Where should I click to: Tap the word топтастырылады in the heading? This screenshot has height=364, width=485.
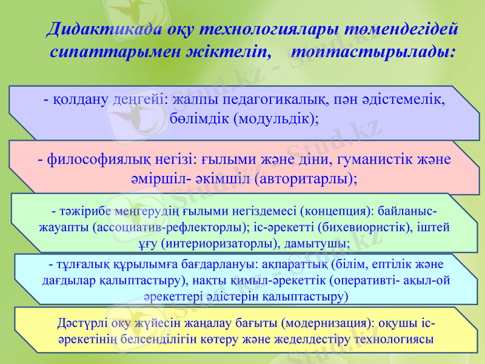pyautogui.click(x=373, y=51)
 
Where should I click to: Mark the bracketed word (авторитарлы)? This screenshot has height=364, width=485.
pyautogui.click(x=305, y=179)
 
